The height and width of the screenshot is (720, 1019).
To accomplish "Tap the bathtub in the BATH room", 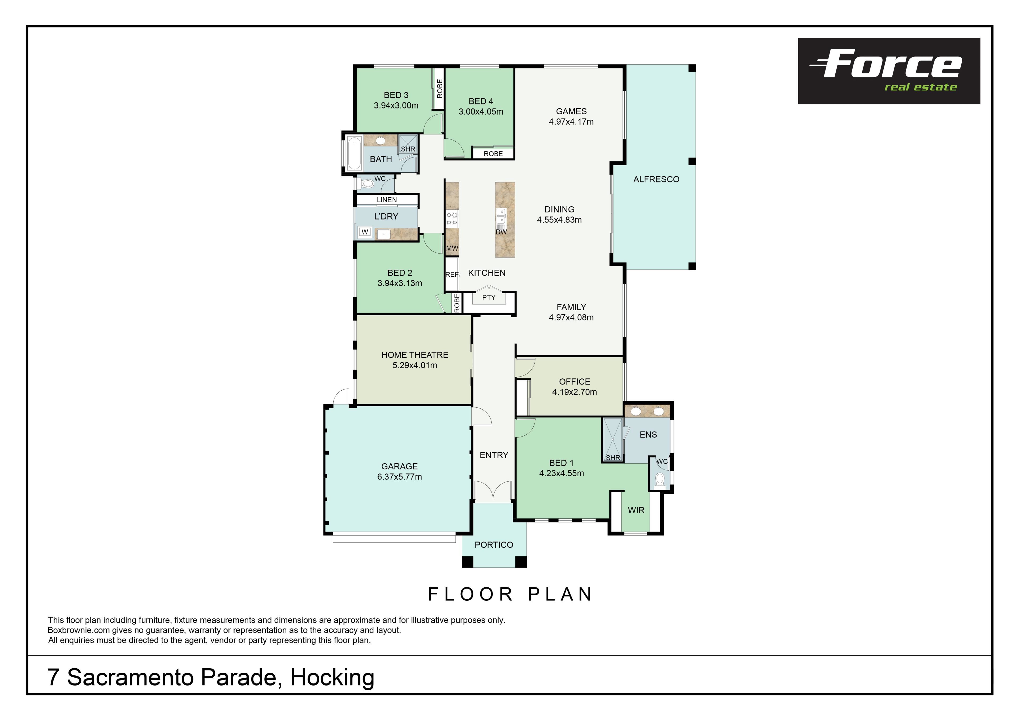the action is pyautogui.click(x=354, y=154).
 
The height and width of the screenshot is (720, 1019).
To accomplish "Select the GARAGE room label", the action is pyautogui.click(x=399, y=466).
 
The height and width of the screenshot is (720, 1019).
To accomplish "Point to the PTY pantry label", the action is pyautogui.click(x=489, y=297).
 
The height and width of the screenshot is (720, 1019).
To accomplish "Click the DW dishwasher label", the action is pyautogui.click(x=501, y=232).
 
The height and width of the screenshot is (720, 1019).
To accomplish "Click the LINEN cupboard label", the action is pyautogui.click(x=387, y=200).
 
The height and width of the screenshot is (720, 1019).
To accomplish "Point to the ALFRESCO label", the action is pyautogui.click(x=656, y=179).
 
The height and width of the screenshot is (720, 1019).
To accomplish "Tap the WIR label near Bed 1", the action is pyautogui.click(x=636, y=510).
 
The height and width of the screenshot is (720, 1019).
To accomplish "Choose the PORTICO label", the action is pyautogui.click(x=494, y=545).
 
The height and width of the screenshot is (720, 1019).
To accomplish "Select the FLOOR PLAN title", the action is pyautogui.click(x=510, y=594).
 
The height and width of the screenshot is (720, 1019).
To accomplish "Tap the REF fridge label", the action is pyautogui.click(x=452, y=274).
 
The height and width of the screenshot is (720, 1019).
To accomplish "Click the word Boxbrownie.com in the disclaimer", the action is pyautogui.click(x=78, y=630).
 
